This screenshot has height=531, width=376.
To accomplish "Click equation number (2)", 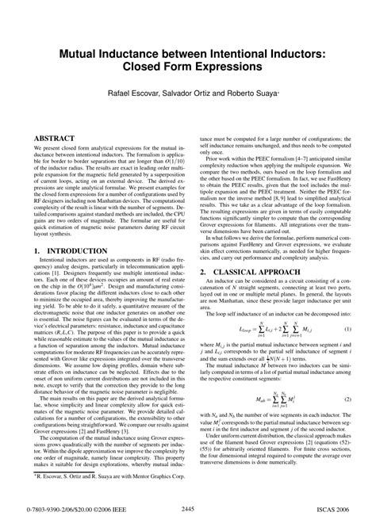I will (347, 401).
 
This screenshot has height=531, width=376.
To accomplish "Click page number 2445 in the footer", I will (188, 510).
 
